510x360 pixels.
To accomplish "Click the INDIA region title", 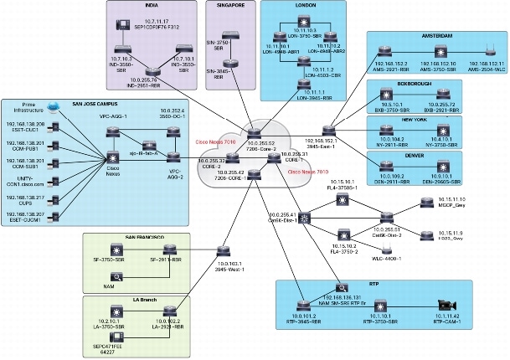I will click(x=151, y=7).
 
